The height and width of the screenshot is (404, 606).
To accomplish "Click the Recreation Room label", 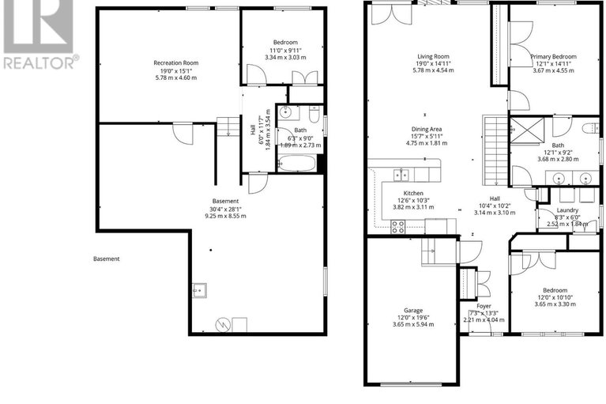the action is point(176,62).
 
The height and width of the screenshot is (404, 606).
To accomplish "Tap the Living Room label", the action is point(433,56).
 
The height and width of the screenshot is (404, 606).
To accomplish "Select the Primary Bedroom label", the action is point(553,56).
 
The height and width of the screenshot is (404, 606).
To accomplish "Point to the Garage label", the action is point(413,310).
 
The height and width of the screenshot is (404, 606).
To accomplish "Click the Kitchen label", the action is point(413,193).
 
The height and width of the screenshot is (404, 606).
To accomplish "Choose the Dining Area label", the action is point(426,129).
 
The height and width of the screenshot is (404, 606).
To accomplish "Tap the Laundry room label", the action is point(567,210).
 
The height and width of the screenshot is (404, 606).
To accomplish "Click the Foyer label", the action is point(484,306).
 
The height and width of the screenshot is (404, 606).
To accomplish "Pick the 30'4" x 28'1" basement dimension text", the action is point(225,209).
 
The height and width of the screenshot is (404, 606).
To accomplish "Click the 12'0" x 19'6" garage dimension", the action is point(413,317).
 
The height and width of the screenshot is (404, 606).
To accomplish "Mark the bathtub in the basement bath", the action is point(296,163).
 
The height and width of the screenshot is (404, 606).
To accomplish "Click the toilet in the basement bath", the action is point(314,114).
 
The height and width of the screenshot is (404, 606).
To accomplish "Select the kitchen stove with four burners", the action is point(398,227).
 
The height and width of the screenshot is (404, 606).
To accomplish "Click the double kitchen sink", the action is point(401,175).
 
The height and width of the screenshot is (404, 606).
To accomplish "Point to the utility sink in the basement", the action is point(199,290).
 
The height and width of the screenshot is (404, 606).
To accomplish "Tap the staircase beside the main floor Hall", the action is point(495,151).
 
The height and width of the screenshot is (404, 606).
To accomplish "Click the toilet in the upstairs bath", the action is point(591,128).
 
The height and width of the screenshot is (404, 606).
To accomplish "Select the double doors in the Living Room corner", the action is point(391,14).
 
